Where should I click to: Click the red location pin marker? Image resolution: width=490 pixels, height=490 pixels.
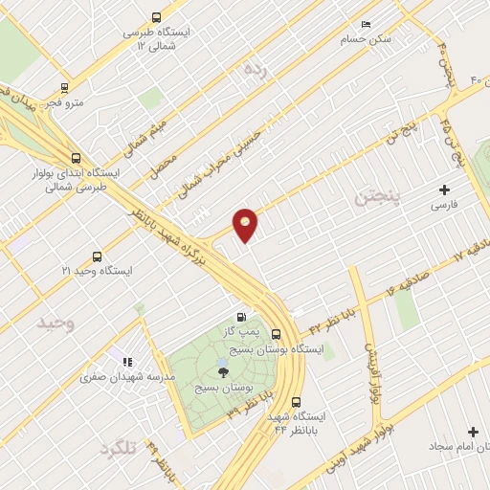click(246, 224)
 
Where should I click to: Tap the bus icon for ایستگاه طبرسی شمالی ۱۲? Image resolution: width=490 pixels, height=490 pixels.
click(156, 17)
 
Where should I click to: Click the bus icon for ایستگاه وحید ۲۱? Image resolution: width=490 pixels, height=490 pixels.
click(97, 256)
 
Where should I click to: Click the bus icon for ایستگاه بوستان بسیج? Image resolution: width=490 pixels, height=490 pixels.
click(276, 334)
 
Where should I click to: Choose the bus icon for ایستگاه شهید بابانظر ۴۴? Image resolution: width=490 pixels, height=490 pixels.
click(295, 402)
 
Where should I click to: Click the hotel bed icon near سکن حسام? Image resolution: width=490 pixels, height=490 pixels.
click(365, 25)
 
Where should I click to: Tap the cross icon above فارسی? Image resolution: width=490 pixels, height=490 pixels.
click(444, 189)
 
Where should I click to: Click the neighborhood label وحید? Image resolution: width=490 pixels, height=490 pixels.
click(56, 323)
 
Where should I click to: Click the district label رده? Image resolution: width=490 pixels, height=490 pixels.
click(254, 69)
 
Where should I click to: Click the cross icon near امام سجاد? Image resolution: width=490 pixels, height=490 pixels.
click(472, 433)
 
